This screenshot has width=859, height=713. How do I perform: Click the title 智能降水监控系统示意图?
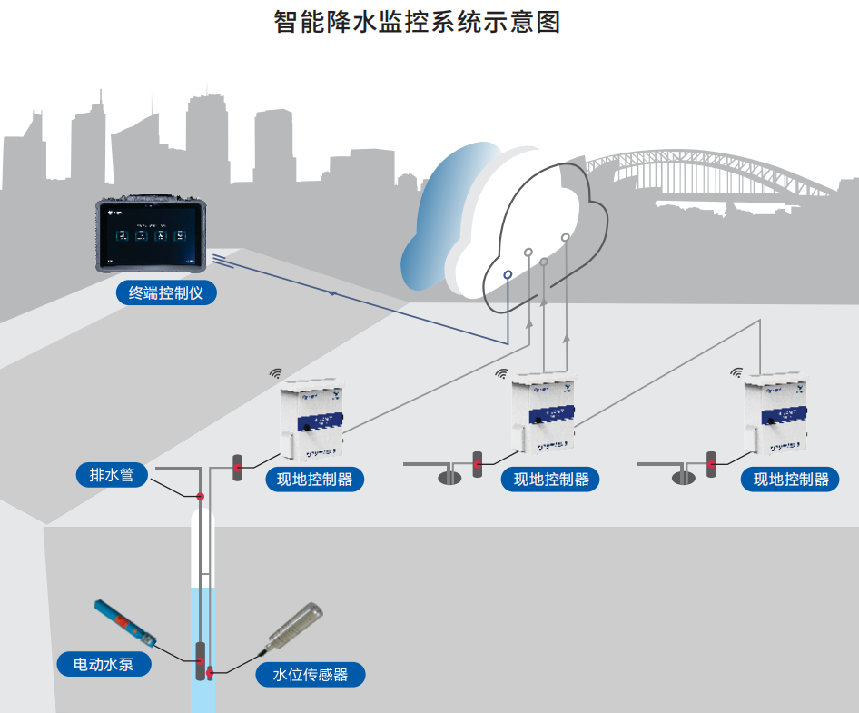[x=417, y=22]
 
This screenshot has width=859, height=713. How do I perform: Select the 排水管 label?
[x=112, y=474]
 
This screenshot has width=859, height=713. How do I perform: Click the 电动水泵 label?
[x=104, y=664]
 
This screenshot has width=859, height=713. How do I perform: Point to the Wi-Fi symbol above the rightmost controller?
[x=736, y=371]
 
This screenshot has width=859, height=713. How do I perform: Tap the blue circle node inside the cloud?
[x=508, y=273]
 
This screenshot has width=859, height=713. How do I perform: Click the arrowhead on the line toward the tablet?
[x=333, y=293]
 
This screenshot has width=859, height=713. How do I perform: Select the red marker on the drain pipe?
[x=200, y=496]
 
